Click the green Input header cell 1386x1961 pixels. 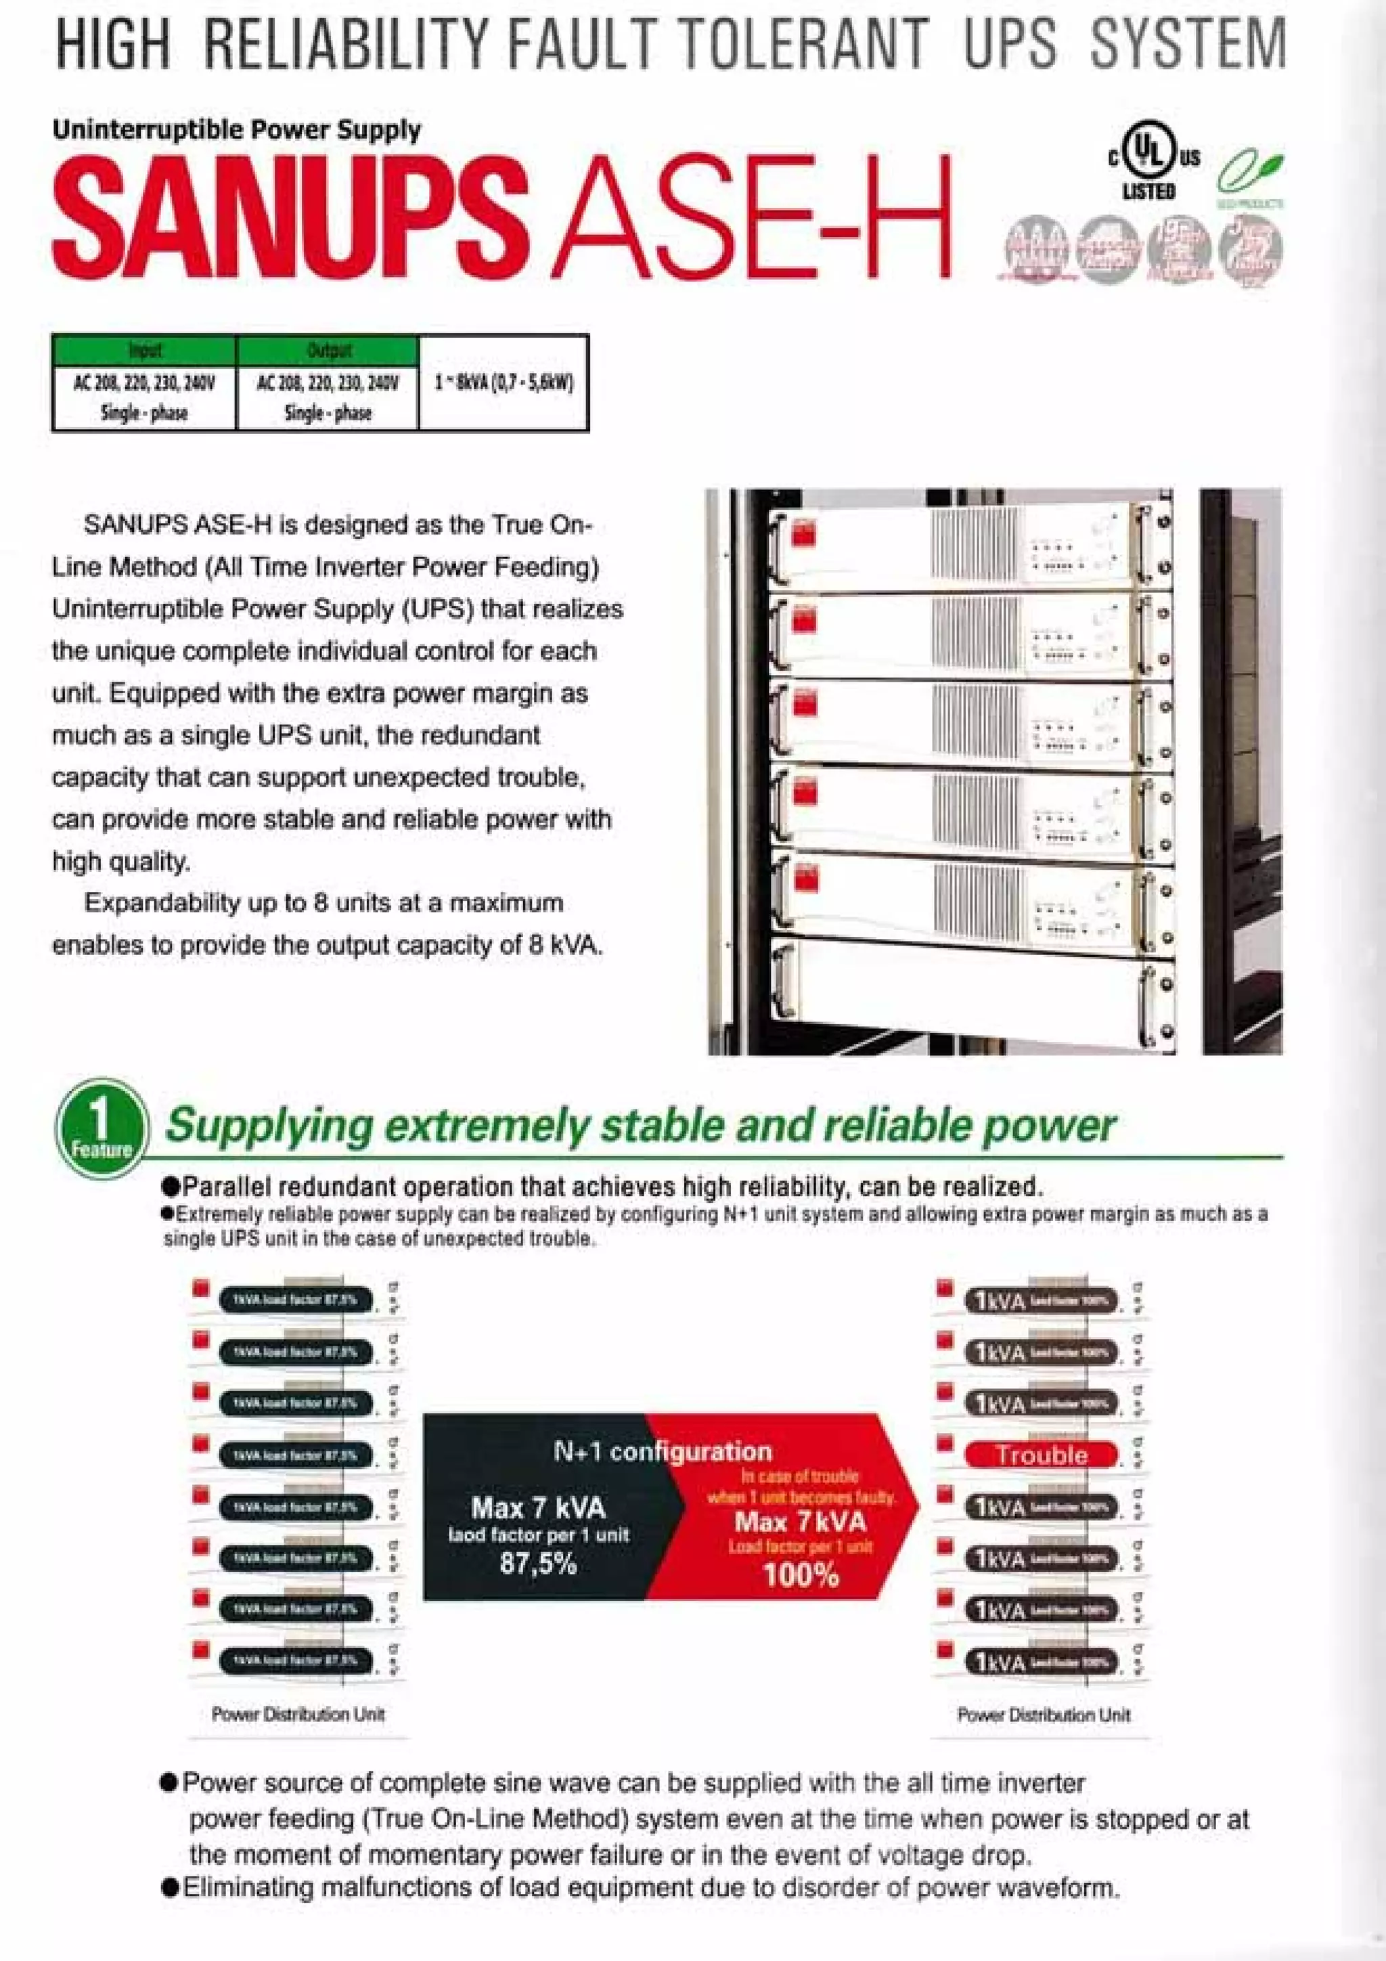pyautogui.click(x=144, y=349)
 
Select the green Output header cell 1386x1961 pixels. pyautogui.click(x=328, y=349)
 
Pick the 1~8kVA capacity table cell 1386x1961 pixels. pyautogui.click(x=503, y=382)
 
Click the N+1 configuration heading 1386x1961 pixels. pyautogui.click(x=663, y=1451)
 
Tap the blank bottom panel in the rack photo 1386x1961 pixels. pyautogui.click(x=956, y=995)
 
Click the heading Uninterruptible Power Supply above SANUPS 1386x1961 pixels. pyautogui.click(x=237, y=130)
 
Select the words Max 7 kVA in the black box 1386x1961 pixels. pyautogui.click(x=537, y=1507)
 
